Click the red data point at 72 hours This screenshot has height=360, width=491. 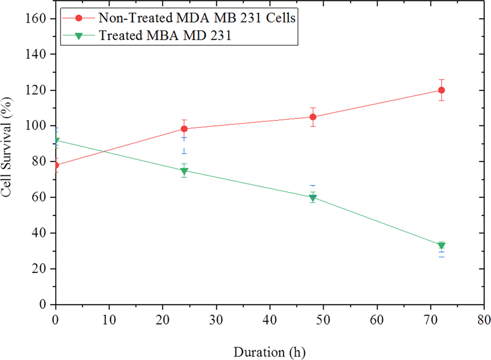(x=442, y=90)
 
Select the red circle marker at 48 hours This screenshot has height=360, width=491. (x=313, y=117)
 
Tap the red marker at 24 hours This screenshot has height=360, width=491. (x=184, y=129)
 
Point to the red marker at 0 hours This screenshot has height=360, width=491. (x=56, y=165)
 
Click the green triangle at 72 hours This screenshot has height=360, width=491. (x=442, y=246)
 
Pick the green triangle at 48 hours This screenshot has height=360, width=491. (x=313, y=198)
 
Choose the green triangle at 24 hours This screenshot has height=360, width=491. (x=184, y=171)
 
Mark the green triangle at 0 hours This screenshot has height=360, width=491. (x=56, y=141)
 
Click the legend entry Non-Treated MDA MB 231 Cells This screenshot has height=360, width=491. (x=198, y=18)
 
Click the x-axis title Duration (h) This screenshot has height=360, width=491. (x=269, y=352)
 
